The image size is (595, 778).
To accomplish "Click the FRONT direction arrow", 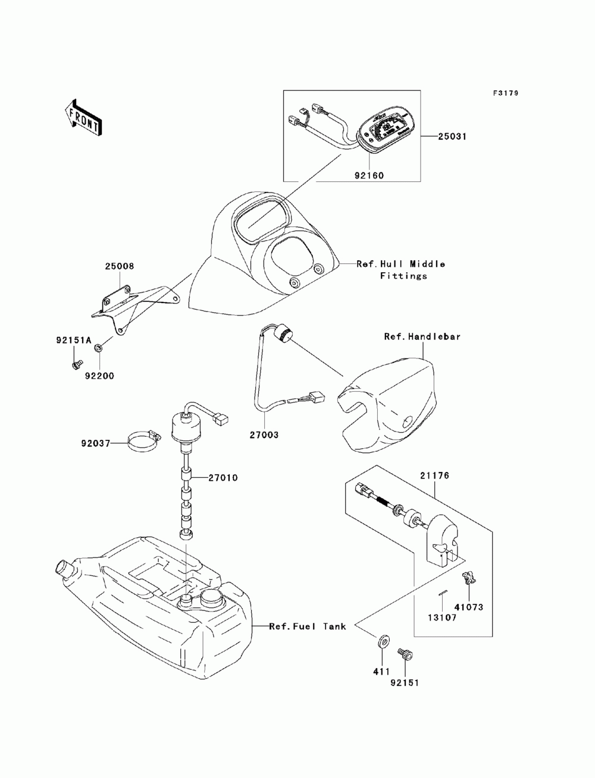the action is click(84, 117).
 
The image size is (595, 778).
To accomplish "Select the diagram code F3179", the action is click(506, 93).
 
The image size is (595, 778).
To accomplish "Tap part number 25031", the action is click(452, 137).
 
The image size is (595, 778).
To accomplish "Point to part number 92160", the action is click(369, 175).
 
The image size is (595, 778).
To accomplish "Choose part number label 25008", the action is click(120, 266).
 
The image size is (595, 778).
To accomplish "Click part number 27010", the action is click(223, 478).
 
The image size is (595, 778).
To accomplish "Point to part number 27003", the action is click(264, 435).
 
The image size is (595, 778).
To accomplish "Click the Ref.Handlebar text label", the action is click(422, 336).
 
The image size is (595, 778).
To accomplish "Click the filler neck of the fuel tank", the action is click(64, 566).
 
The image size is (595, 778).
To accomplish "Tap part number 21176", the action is click(434, 475).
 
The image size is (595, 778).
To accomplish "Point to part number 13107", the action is click(441, 618).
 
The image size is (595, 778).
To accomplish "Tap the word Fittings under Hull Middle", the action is click(404, 276).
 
